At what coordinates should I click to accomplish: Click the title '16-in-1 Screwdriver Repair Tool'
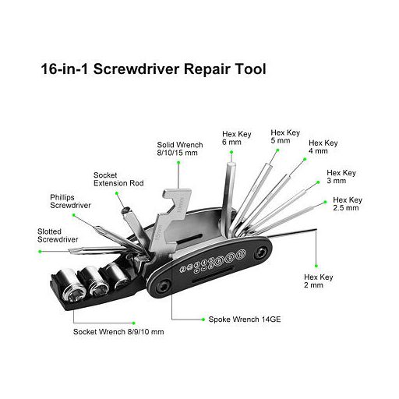click(154, 69)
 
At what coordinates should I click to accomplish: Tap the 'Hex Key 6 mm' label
click(237, 138)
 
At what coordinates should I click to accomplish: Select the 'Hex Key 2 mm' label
click(319, 281)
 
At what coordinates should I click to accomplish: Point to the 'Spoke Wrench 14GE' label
click(245, 320)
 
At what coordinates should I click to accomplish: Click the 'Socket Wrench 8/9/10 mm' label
click(118, 332)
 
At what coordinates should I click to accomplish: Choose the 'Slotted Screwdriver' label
click(58, 235)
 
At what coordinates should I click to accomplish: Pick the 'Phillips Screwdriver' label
click(70, 201)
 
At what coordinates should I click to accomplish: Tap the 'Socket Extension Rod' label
click(118, 179)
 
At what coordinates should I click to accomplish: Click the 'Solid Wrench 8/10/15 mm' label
click(180, 149)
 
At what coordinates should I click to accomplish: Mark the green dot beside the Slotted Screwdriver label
click(40, 252)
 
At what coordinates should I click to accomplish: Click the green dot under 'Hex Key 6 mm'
click(231, 152)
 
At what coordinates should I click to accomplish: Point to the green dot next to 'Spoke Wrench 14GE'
click(203, 320)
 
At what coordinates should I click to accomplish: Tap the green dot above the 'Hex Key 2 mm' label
click(316, 266)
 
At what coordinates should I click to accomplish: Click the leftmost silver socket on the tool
click(69, 285)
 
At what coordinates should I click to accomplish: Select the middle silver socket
click(94, 281)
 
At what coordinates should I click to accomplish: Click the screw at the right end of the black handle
click(260, 252)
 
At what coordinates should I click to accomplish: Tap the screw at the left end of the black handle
click(164, 287)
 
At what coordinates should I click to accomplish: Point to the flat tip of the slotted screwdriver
click(69, 251)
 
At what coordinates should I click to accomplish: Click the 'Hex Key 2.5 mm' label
click(348, 204)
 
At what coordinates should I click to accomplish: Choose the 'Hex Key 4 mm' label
click(323, 147)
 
